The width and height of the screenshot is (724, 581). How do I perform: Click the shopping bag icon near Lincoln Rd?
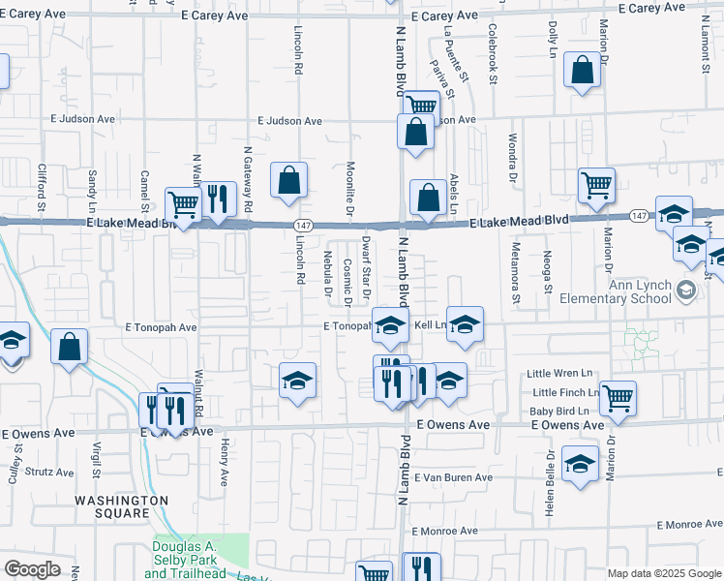pyautogui.click(x=288, y=180)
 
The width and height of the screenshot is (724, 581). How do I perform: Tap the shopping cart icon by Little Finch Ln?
pyautogui.click(x=617, y=397)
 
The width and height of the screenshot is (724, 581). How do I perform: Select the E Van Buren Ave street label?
pyautogui.click(x=453, y=478)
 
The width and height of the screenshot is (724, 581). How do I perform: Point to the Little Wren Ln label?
pyautogui.click(x=558, y=374)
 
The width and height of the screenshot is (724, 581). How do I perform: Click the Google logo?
pyautogui.click(x=32, y=569)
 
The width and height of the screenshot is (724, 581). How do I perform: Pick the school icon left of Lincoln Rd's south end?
pyautogui.click(x=298, y=381)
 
